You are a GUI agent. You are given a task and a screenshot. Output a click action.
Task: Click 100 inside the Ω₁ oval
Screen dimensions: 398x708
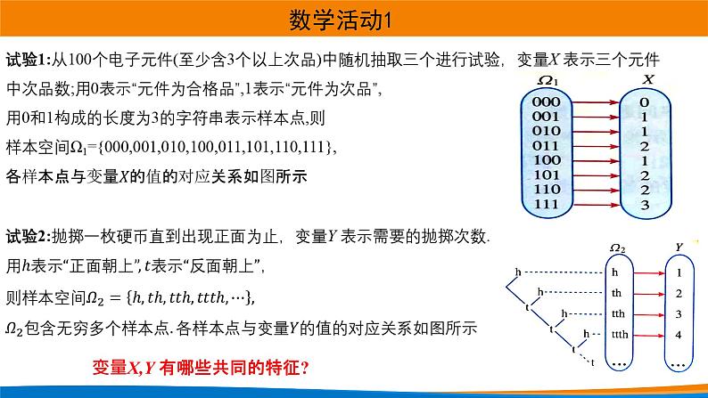click(545, 160)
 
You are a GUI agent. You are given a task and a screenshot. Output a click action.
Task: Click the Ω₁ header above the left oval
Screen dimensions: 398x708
click(547, 82)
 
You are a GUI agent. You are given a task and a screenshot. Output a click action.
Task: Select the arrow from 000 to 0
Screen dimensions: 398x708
click(595, 102)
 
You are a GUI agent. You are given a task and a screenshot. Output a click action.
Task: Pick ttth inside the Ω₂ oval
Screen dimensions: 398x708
click(619, 335)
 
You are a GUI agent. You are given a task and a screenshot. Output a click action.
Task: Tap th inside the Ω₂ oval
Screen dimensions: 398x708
click(617, 292)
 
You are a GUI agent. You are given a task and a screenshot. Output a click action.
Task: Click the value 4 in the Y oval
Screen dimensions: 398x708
click(679, 335)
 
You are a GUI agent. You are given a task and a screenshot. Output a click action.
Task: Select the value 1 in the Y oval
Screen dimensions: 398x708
click(679, 272)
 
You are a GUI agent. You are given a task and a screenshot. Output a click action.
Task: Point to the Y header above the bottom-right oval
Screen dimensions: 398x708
click(679, 247)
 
